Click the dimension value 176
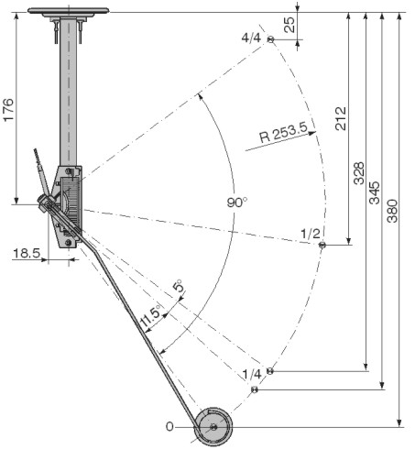tap(9, 110)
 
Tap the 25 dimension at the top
tap(289, 25)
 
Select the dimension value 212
tap(341, 118)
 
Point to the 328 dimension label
tap(359, 173)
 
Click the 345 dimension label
tap(375, 192)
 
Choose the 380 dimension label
tap(392, 211)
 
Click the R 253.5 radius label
tap(283, 133)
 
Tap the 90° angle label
tap(237, 203)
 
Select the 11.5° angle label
tap(150, 315)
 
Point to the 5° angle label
tap(179, 286)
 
